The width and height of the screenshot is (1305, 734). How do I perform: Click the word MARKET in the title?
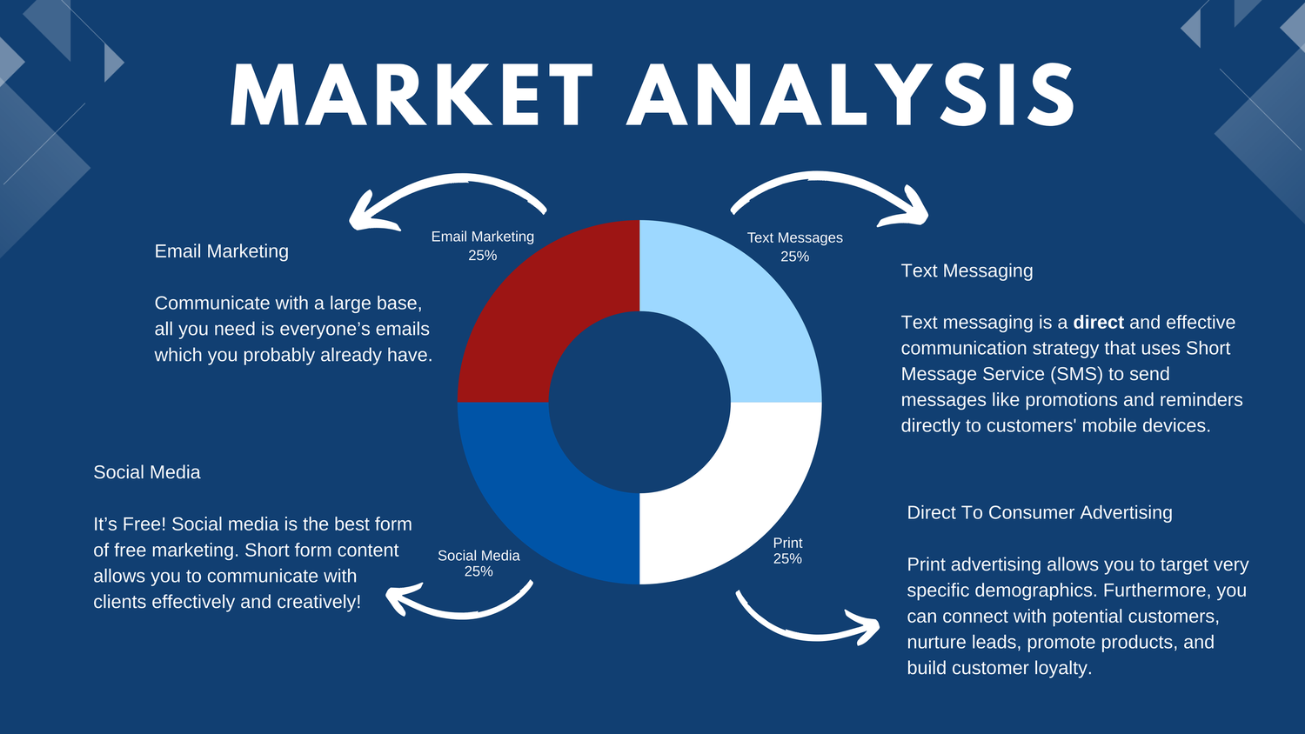point(412,95)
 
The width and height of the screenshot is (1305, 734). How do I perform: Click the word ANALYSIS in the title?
point(851,95)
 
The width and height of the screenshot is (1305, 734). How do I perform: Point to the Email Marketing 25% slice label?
point(482,246)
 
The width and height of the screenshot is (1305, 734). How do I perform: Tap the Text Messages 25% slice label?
point(794,247)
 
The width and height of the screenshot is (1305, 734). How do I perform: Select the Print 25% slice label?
point(787,551)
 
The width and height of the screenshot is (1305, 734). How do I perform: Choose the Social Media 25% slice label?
point(478,564)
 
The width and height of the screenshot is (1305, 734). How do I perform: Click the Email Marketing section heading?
point(221,251)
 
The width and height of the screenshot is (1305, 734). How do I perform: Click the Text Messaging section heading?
point(967,270)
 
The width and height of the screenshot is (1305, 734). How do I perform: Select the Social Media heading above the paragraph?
point(147,472)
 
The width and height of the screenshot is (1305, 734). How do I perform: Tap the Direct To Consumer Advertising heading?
point(1040,512)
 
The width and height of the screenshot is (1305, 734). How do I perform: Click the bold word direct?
point(1098,322)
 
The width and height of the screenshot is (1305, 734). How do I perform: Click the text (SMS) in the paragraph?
point(1077,374)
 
